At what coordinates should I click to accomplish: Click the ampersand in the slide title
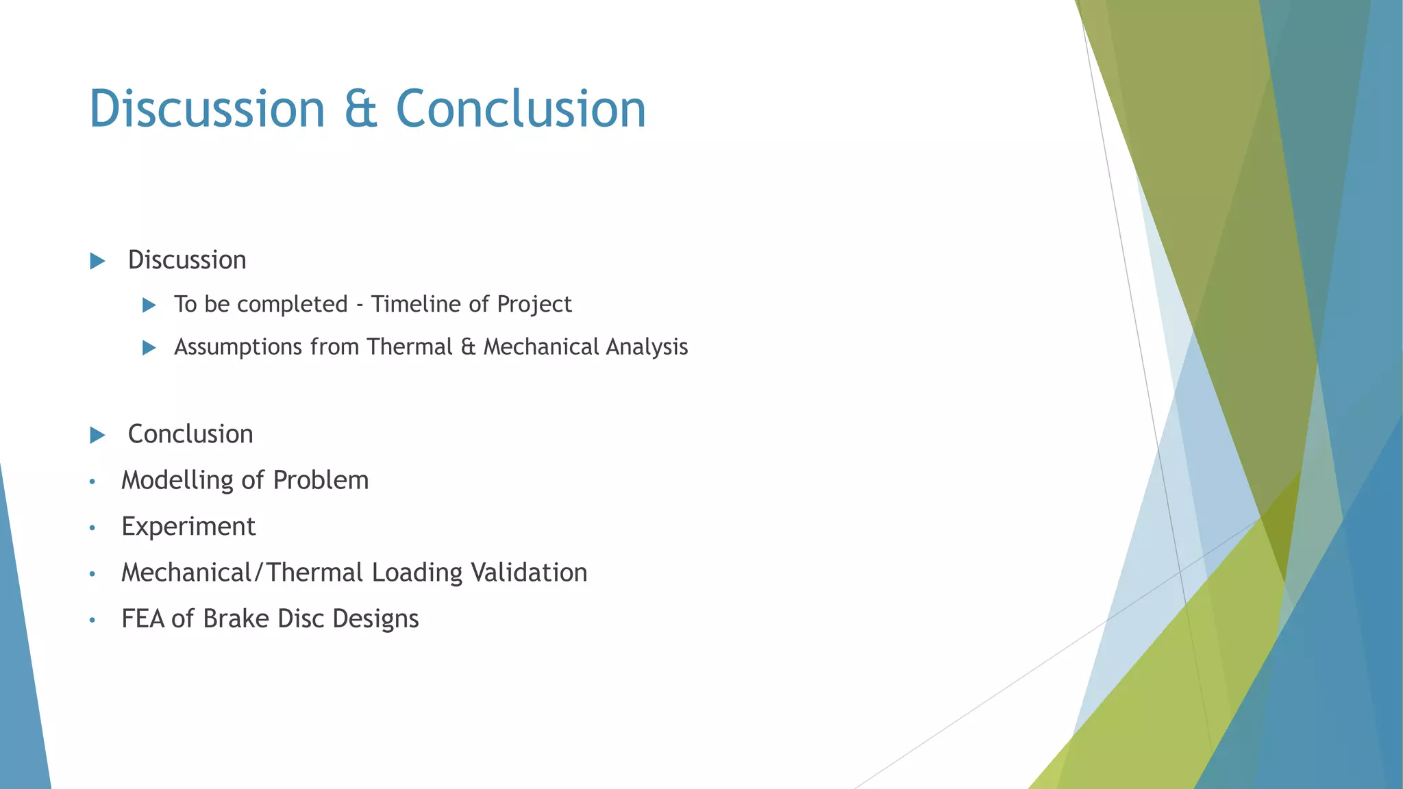[360, 110]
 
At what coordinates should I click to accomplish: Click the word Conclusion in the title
[521, 110]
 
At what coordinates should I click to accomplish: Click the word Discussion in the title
[207, 110]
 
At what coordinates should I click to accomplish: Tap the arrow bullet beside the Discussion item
[97, 261]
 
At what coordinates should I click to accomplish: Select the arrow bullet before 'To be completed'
[149, 305]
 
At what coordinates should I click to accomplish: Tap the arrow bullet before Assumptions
[149, 348]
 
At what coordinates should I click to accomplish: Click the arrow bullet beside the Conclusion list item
[97, 435]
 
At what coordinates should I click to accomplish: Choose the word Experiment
[188, 527]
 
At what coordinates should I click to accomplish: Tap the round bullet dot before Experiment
[92, 528]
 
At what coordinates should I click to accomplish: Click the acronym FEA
[142, 618]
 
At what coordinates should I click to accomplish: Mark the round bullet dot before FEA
[92, 621]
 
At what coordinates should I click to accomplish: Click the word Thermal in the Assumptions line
[410, 347]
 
